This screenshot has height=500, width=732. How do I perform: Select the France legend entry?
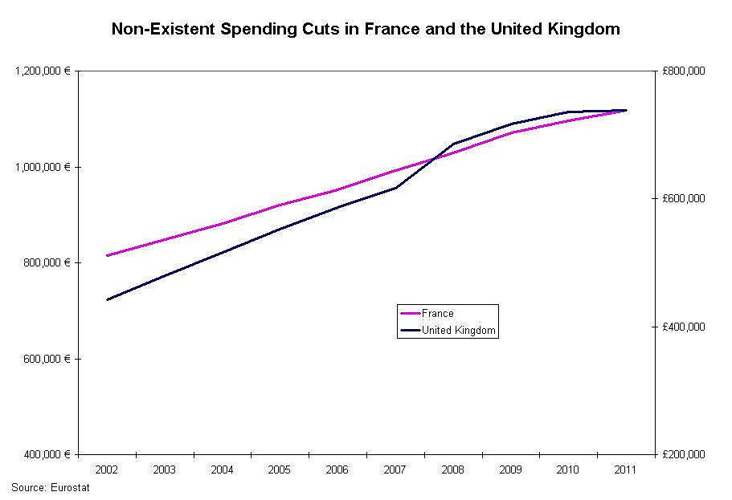point(437,314)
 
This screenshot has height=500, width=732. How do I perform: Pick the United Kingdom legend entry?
point(459,330)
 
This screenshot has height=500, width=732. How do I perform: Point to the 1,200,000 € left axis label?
point(43,71)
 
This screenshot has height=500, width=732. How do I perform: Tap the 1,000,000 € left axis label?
point(43,167)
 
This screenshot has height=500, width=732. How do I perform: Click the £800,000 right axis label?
point(683,71)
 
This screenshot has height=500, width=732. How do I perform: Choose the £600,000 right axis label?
point(683,199)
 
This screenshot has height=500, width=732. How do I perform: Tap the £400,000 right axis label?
point(683,327)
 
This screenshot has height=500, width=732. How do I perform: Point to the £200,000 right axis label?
point(683,454)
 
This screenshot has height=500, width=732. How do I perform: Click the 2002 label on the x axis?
point(107,470)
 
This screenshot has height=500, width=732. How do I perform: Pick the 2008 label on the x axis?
point(453,470)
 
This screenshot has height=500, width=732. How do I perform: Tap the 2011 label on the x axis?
point(626,470)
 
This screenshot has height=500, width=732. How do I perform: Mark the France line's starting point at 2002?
point(107,256)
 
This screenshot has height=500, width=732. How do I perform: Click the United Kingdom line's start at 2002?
point(107,299)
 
